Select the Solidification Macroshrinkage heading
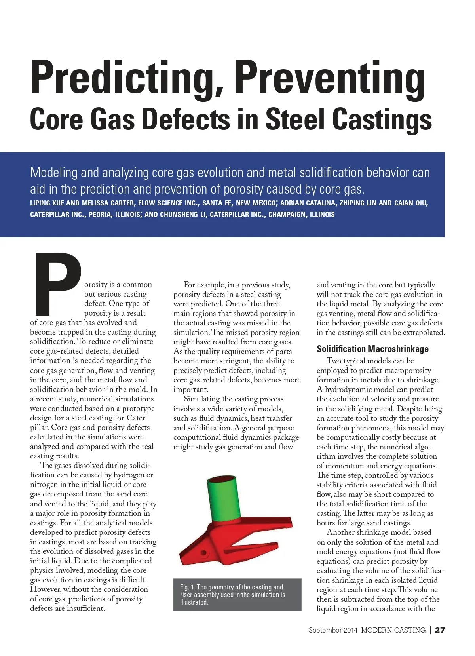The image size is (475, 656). pyautogui.click(x=372, y=349)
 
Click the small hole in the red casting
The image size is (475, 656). pyautogui.click(x=204, y=552)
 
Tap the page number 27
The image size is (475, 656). pyautogui.click(x=440, y=630)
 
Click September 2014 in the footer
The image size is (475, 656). pyautogui.click(x=333, y=630)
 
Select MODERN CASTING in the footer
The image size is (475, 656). pyautogui.click(x=393, y=630)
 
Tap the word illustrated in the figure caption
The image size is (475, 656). pyautogui.click(x=194, y=602)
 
